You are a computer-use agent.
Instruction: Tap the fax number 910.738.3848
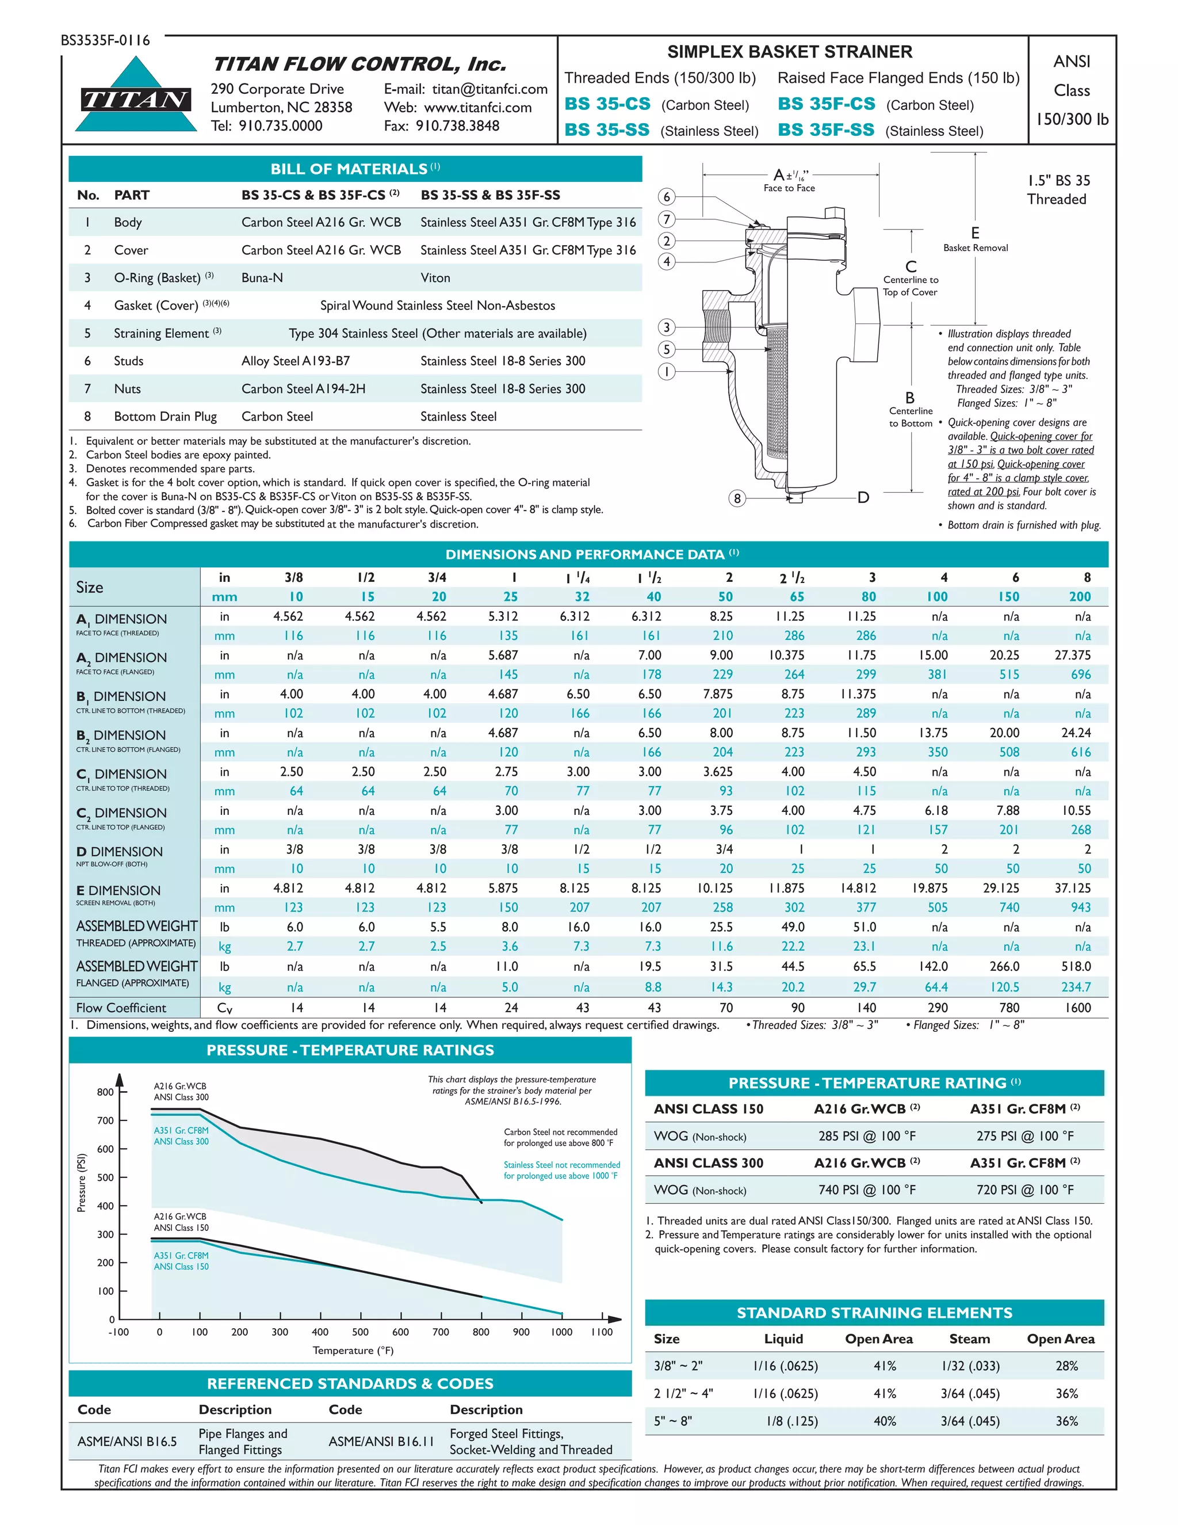(x=457, y=125)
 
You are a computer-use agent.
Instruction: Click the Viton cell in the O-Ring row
(x=435, y=278)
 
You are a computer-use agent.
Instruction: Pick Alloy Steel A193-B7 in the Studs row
(x=295, y=361)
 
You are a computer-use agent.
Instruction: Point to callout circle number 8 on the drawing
(x=737, y=498)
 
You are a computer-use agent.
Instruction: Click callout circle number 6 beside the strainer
(x=667, y=197)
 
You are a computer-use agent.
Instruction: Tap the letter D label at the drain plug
(x=863, y=497)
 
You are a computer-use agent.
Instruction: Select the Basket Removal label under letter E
(x=975, y=248)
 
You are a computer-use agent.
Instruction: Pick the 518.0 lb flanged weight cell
(x=1076, y=966)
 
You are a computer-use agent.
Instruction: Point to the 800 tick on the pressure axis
(x=105, y=1092)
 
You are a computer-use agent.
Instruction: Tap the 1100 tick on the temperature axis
(x=602, y=1332)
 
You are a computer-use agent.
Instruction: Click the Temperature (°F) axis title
(x=353, y=1351)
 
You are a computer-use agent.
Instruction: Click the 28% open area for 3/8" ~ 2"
(x=1066, y=1366)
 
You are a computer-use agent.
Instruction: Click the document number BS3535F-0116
(x=105, y=40)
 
